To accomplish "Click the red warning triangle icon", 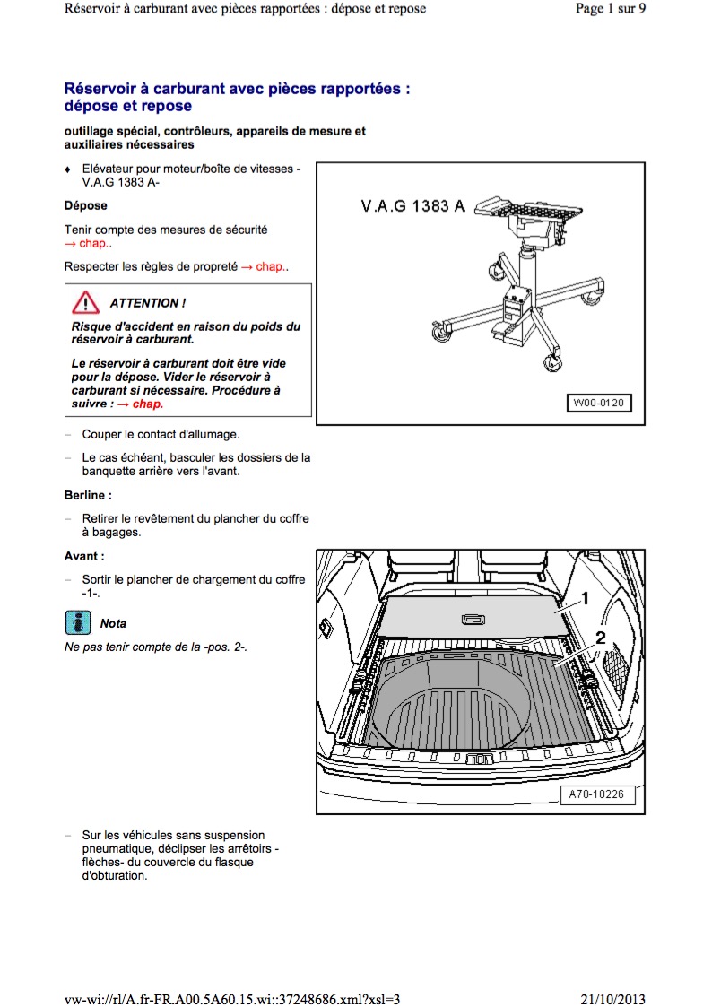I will [86, 302].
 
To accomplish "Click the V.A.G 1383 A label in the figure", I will [412, 207].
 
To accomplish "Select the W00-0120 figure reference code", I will [598, 403].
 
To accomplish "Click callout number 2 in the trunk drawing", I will [599, 638].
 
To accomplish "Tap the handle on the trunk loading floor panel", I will [473, 618].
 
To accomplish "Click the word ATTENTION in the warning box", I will [148, 303].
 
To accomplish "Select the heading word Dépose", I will [86, 205].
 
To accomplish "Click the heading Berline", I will [88, 495].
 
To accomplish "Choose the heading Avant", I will [84, 556].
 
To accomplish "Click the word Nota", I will [114, 623].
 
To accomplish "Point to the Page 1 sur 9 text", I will [610, 9].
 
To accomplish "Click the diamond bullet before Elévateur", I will [68, 169].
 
